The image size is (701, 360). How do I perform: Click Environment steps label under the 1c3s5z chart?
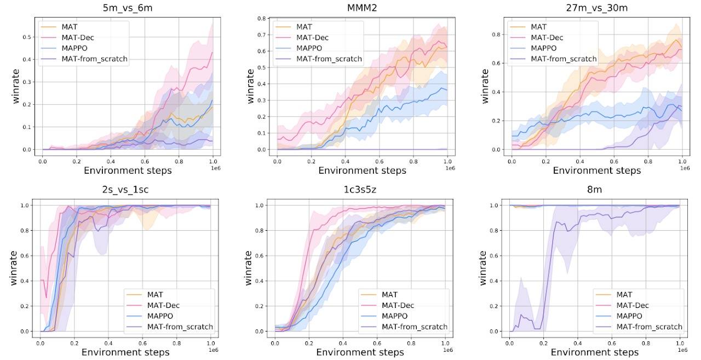tap(362, 352)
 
